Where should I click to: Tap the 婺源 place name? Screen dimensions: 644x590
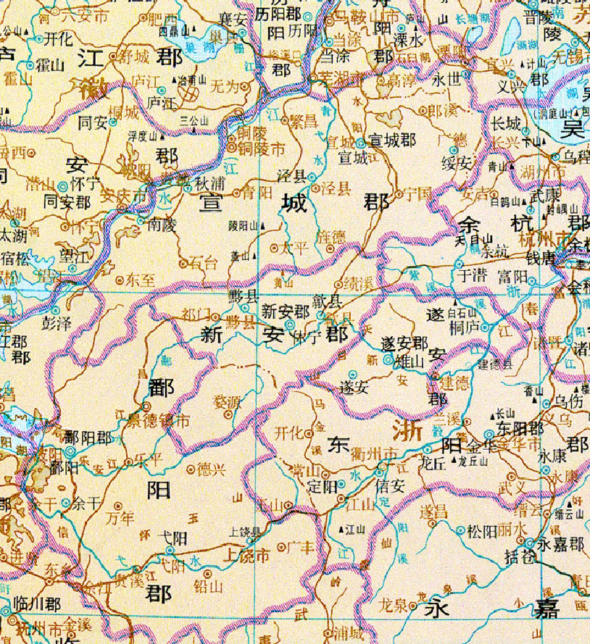(x=226, y=401)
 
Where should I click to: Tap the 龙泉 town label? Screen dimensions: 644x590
(x=395, y=605)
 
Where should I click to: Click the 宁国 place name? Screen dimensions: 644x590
(x=418, y=193)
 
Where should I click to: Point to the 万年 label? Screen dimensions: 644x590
(x=120, y=518)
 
